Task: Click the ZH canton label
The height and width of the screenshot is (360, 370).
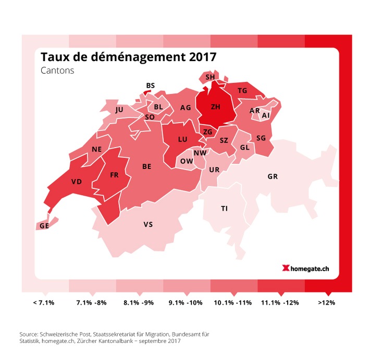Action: coord(215,107)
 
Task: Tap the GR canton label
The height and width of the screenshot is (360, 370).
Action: coord(273,177)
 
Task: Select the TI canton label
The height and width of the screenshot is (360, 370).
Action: coord(224,208)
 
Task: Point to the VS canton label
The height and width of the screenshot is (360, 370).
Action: coord(148,225)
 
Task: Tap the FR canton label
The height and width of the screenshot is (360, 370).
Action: coord(114,175)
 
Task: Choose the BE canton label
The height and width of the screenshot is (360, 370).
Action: coord(147,166)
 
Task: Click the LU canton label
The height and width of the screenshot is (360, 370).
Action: coord(182,139)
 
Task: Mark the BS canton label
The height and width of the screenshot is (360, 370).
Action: coord(151,86)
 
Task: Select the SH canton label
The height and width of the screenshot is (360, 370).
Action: coord(210,77)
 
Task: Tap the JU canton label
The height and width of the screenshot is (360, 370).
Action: coord(119,110)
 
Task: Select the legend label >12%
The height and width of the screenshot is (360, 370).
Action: coord(327,302)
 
